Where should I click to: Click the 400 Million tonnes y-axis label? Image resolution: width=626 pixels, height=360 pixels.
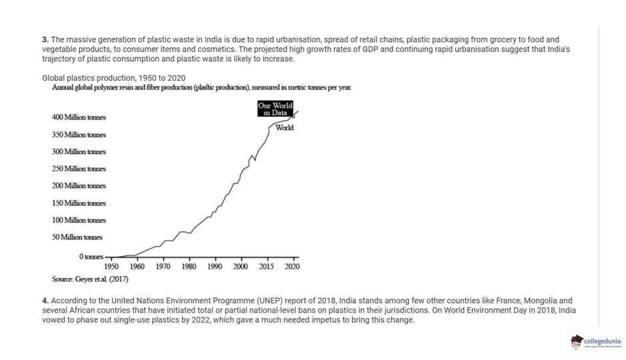(x=79, y=117)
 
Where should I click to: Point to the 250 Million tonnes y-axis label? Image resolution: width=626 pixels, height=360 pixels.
(x=79, y=169)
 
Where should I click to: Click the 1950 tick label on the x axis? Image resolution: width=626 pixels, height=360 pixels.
(x=111, y=267)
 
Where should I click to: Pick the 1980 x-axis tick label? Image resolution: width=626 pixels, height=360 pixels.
(x=189, y=267)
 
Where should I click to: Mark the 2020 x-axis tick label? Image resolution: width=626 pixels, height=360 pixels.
(x=293, y=267)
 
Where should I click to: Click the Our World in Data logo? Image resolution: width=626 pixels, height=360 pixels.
(x=275, y=109)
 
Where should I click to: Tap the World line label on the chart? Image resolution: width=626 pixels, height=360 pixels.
(x=284, y=127)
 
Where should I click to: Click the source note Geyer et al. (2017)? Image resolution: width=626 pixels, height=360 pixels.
(x=90, y=279)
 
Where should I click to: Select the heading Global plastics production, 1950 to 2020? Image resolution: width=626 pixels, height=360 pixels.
(x=113, y=78)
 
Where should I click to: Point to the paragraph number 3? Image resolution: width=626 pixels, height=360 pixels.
(x=44, y=40)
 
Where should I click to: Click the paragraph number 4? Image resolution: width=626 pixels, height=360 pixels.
(x=44, y=301)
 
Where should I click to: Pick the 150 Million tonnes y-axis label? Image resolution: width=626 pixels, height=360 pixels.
(x=79, y=203)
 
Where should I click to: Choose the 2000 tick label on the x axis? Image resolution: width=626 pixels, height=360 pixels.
(x=241, y=267)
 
